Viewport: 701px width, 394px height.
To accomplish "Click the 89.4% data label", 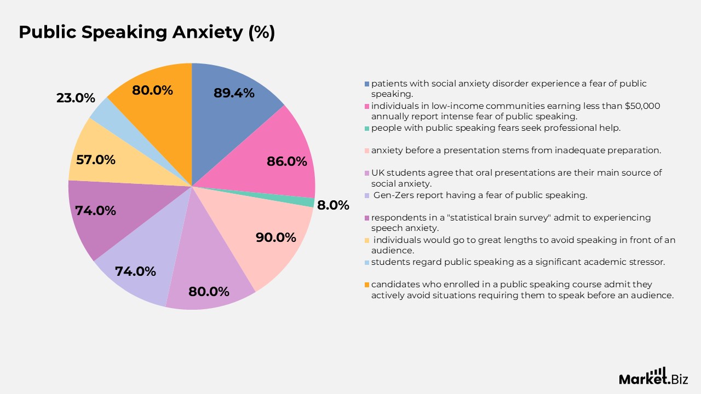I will pyautogui.click(x=234, y=93).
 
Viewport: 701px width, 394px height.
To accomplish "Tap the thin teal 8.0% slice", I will pyautogui.click(x=310, y=202).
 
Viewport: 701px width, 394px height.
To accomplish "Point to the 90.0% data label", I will pyautogui.click(x=275, y=237).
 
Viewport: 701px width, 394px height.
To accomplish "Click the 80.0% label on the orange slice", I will pyautogui.click(x=152, y=90).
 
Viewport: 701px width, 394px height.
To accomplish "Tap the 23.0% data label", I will pyautogui.click(x=76, y=99).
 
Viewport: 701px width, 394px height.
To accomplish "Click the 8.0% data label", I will pyautogui.click(x=333, y=206).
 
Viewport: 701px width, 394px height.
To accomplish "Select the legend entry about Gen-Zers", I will pyautogui.click(x=480, y=195).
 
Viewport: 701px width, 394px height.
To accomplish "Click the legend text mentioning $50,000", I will pyautogui.click(x=515, y=111).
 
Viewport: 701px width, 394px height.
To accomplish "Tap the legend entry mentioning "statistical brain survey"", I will pyautogui.click(x=510, y=223).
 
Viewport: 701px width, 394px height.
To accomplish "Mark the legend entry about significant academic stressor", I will pyautogui.click(x=518, y=262).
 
